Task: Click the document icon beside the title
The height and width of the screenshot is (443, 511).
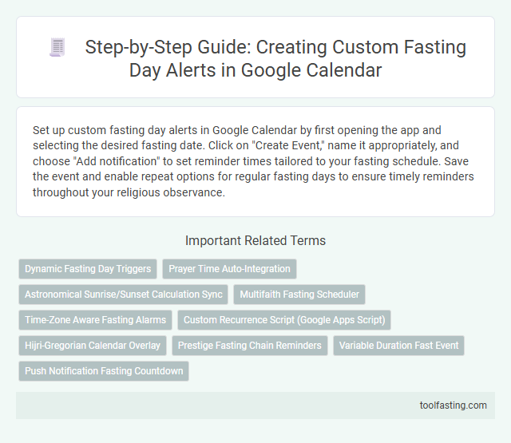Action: point(57,48)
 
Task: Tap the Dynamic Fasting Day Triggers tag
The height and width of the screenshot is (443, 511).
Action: point(88,269)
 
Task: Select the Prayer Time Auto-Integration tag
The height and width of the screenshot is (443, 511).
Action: point(229,269)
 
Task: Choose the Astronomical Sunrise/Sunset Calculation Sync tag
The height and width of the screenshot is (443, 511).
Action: point(124,295)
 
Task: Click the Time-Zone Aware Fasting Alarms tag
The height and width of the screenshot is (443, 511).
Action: point(95,320)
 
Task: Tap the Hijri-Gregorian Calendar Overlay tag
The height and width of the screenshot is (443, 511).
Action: point(93,346)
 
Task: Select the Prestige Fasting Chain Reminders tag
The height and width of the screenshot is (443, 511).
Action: point(251,346)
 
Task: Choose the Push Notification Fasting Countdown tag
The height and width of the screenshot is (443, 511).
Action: point(104,371)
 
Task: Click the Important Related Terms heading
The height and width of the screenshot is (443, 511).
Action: point(255,240)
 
